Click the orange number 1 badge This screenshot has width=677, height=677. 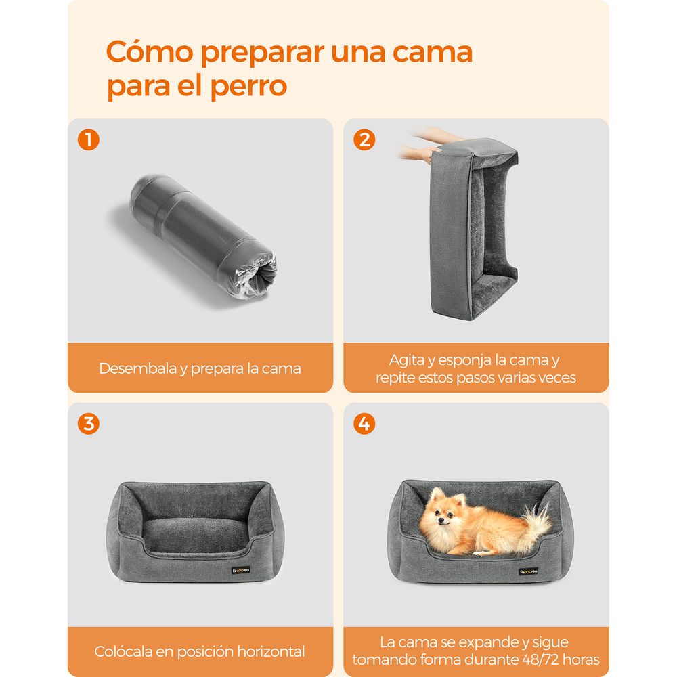click(89, 140)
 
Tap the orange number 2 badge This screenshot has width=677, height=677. click(364, 140)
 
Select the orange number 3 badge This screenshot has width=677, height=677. click(89, 424)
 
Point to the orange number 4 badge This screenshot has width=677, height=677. click(364, 424)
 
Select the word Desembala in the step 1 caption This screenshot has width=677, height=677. click(137, 368)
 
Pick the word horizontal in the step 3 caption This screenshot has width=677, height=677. click(271, 651)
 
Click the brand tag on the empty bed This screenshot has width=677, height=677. click(240, 570)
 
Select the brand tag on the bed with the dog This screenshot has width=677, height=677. click(529, 571)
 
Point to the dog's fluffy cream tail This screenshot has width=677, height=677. click(537, 523)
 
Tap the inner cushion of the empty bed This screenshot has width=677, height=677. click(194, 536)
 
